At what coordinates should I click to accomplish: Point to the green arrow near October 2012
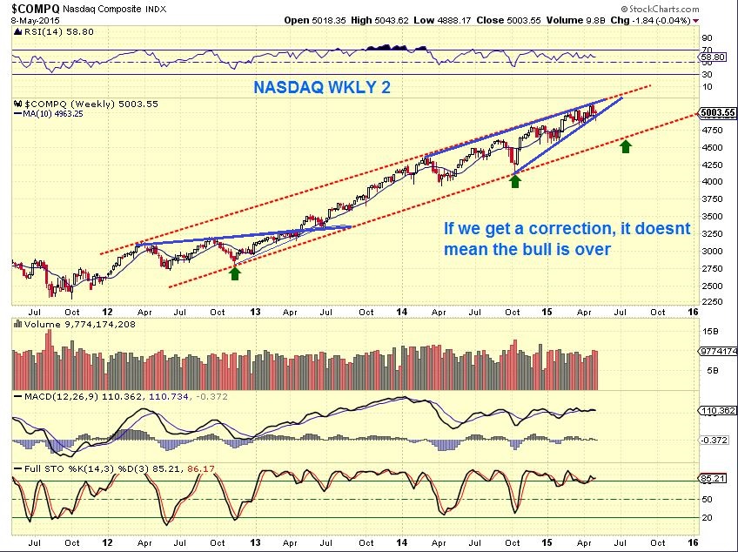235,273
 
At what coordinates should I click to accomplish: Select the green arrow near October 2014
515,180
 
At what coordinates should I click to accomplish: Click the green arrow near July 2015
625,145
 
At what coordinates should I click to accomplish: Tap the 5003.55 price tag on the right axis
717,112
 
